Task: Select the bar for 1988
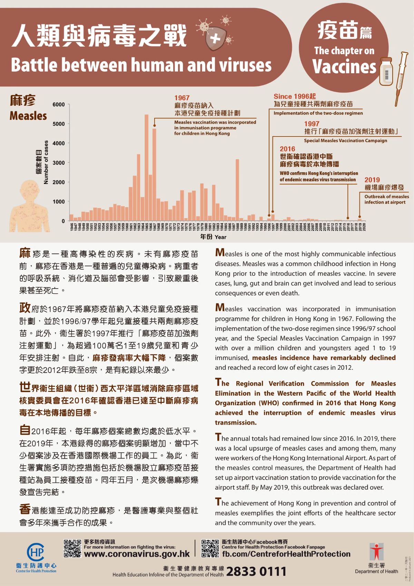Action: tap(237, 190)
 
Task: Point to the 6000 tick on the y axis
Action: tap(59, 105)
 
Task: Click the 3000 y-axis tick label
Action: tap(59, 163)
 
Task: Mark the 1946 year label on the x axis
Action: tap(71, 227)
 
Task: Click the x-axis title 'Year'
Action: tap(220, 237)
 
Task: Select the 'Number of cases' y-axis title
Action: tap(46, 162)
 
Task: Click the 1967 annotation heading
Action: tap(182, 98)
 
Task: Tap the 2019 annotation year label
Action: tap(372, 180)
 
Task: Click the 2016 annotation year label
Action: tap(287, 149)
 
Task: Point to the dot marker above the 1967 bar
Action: tap(155, 125)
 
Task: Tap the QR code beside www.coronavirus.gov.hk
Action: tap(72, 548)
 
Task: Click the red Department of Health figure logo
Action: tap(376, 551)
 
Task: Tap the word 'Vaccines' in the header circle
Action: tap(344, 66)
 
